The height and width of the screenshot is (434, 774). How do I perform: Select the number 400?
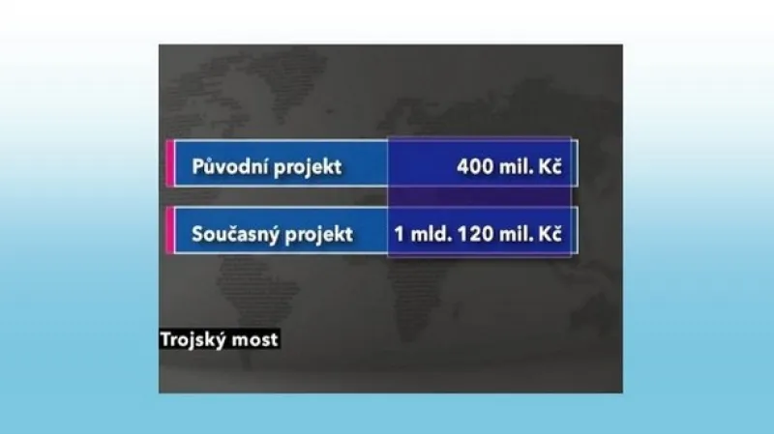pyautogui.click(x=475, y=166)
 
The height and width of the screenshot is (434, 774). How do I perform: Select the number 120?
pyautogui.click(x=475, y=235)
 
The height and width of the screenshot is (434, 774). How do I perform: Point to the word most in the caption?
pyautogui.click(x=256, y=339)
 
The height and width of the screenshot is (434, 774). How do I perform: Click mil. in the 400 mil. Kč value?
pyautogui.click(x=517, y=166)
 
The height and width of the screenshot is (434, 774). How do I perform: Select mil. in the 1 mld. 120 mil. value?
pyautogui.click(x=517, y=235)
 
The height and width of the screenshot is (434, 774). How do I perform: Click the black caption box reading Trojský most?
pyautogui.click(x=221, y=339)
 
